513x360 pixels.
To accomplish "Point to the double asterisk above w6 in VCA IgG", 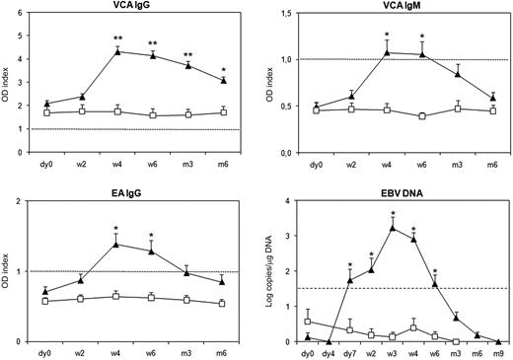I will [x=152, y=43].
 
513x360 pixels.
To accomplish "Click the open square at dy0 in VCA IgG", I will [x=47, y=112].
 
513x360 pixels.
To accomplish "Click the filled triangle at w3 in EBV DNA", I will [x=393, y=228].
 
